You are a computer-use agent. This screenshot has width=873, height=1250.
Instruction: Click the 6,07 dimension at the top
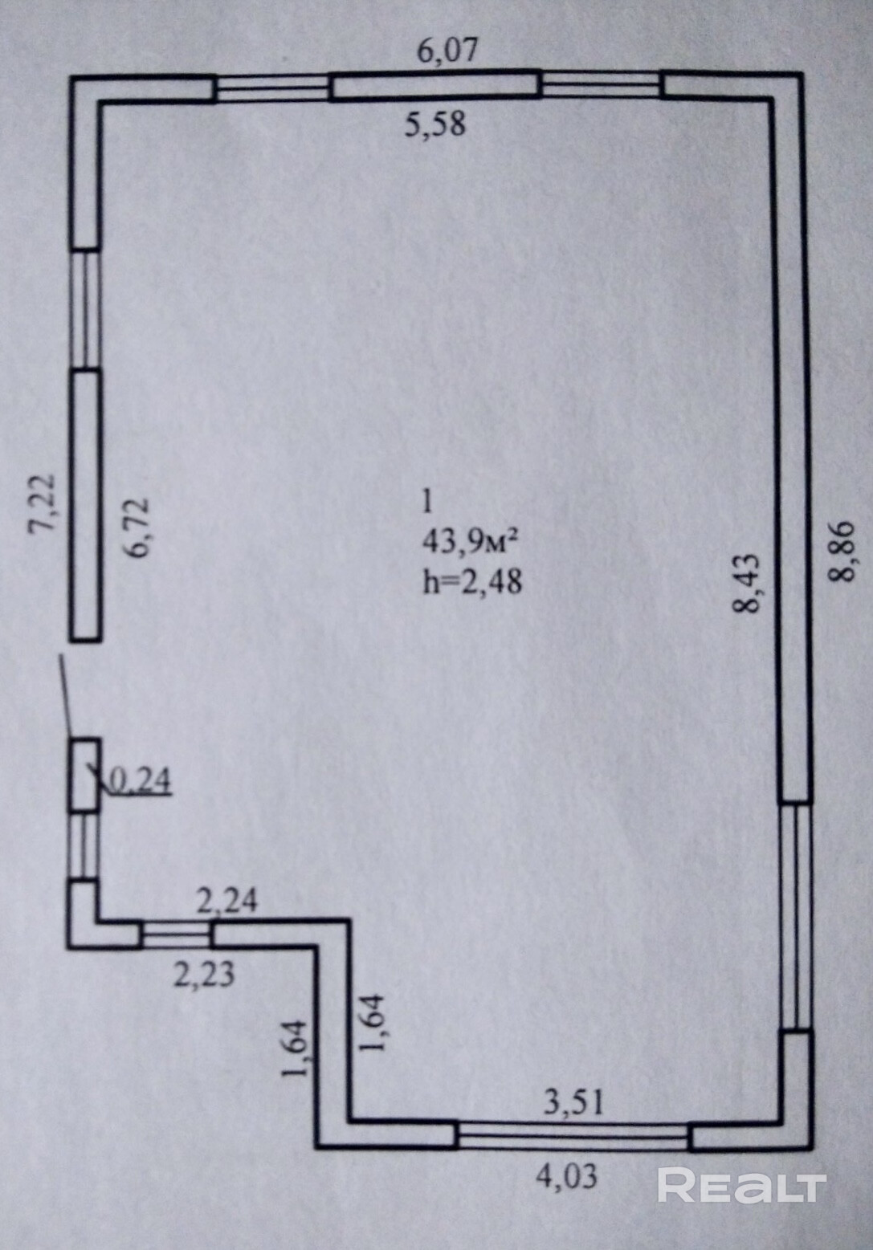coord(448,51)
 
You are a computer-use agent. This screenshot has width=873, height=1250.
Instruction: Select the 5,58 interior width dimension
coord(434,124)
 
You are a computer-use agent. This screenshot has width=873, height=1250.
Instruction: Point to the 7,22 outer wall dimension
coord(42,503)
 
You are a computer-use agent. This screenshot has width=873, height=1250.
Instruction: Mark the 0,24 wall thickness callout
coord(139,780)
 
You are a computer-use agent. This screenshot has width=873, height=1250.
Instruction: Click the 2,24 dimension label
coord(227,902)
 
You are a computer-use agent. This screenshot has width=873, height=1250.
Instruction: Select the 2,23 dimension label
coord(205,974)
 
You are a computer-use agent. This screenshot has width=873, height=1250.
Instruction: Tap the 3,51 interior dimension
coord(573,1103)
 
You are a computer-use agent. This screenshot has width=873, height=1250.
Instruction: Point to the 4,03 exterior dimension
coord(567,1176)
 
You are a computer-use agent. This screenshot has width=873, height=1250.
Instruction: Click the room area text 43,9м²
coord(468,543)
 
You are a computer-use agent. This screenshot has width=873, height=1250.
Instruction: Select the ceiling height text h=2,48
coord(472,580)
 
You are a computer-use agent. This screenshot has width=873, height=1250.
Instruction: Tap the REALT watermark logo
coord(741,1185)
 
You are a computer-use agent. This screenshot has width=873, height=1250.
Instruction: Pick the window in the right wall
coord(796,915)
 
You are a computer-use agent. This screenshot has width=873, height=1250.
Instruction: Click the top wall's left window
coord(273,88)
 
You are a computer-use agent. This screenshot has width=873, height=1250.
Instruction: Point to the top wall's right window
coord(602,83)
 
